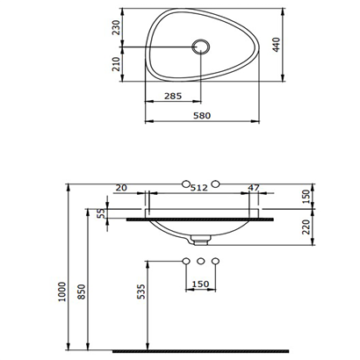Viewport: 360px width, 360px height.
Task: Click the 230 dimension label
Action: tap(116, 27)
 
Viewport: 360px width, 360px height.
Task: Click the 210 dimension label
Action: tap(116, 64)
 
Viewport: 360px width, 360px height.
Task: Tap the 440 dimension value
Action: tap(277, 45)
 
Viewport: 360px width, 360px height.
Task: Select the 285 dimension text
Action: tap(173, 96)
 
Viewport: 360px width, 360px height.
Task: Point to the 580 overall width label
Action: tap(202, 115)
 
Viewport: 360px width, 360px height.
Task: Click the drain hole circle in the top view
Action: tap(200, 47)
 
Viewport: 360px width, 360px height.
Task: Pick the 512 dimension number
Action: tap(199, 187)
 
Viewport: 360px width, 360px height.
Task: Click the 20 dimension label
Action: tap(121, 187)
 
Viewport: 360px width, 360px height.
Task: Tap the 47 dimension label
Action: tap(254, 187)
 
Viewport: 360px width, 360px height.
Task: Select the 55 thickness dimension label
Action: tap(100, 213)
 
